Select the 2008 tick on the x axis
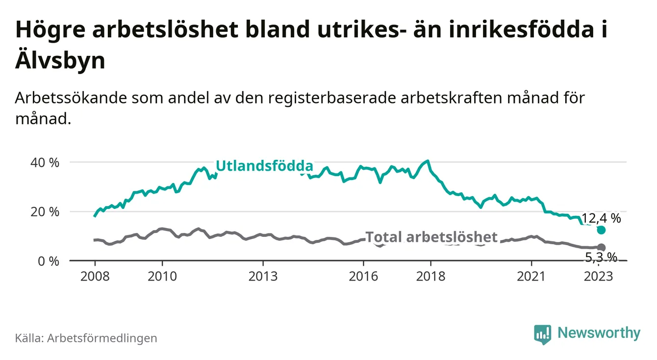(95, 276)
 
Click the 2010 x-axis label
(162, 276)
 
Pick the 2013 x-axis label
(263, 276)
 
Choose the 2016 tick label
(363, 276)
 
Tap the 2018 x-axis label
(430, 276)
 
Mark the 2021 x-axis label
(531, 276)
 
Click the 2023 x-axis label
(599, 276)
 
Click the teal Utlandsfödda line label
(264, 166)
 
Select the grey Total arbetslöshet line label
(431, 237)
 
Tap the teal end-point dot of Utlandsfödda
(601, 230)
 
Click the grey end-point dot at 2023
(601, 248)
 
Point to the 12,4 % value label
(601, 218)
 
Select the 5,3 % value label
(601, 257)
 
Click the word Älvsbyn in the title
(60, 61)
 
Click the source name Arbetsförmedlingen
(102, 338)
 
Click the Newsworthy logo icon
(542, 334)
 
